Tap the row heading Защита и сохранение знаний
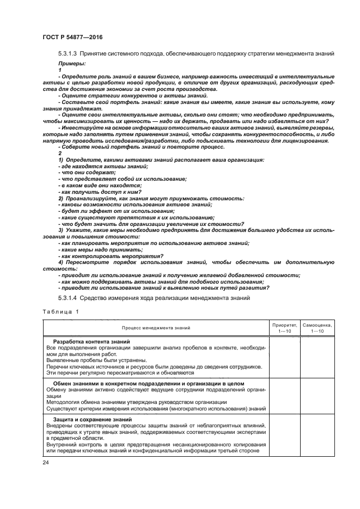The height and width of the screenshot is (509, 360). [89, 419]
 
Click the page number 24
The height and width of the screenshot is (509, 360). [45, 462]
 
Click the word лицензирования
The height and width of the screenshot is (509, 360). [307, 141]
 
